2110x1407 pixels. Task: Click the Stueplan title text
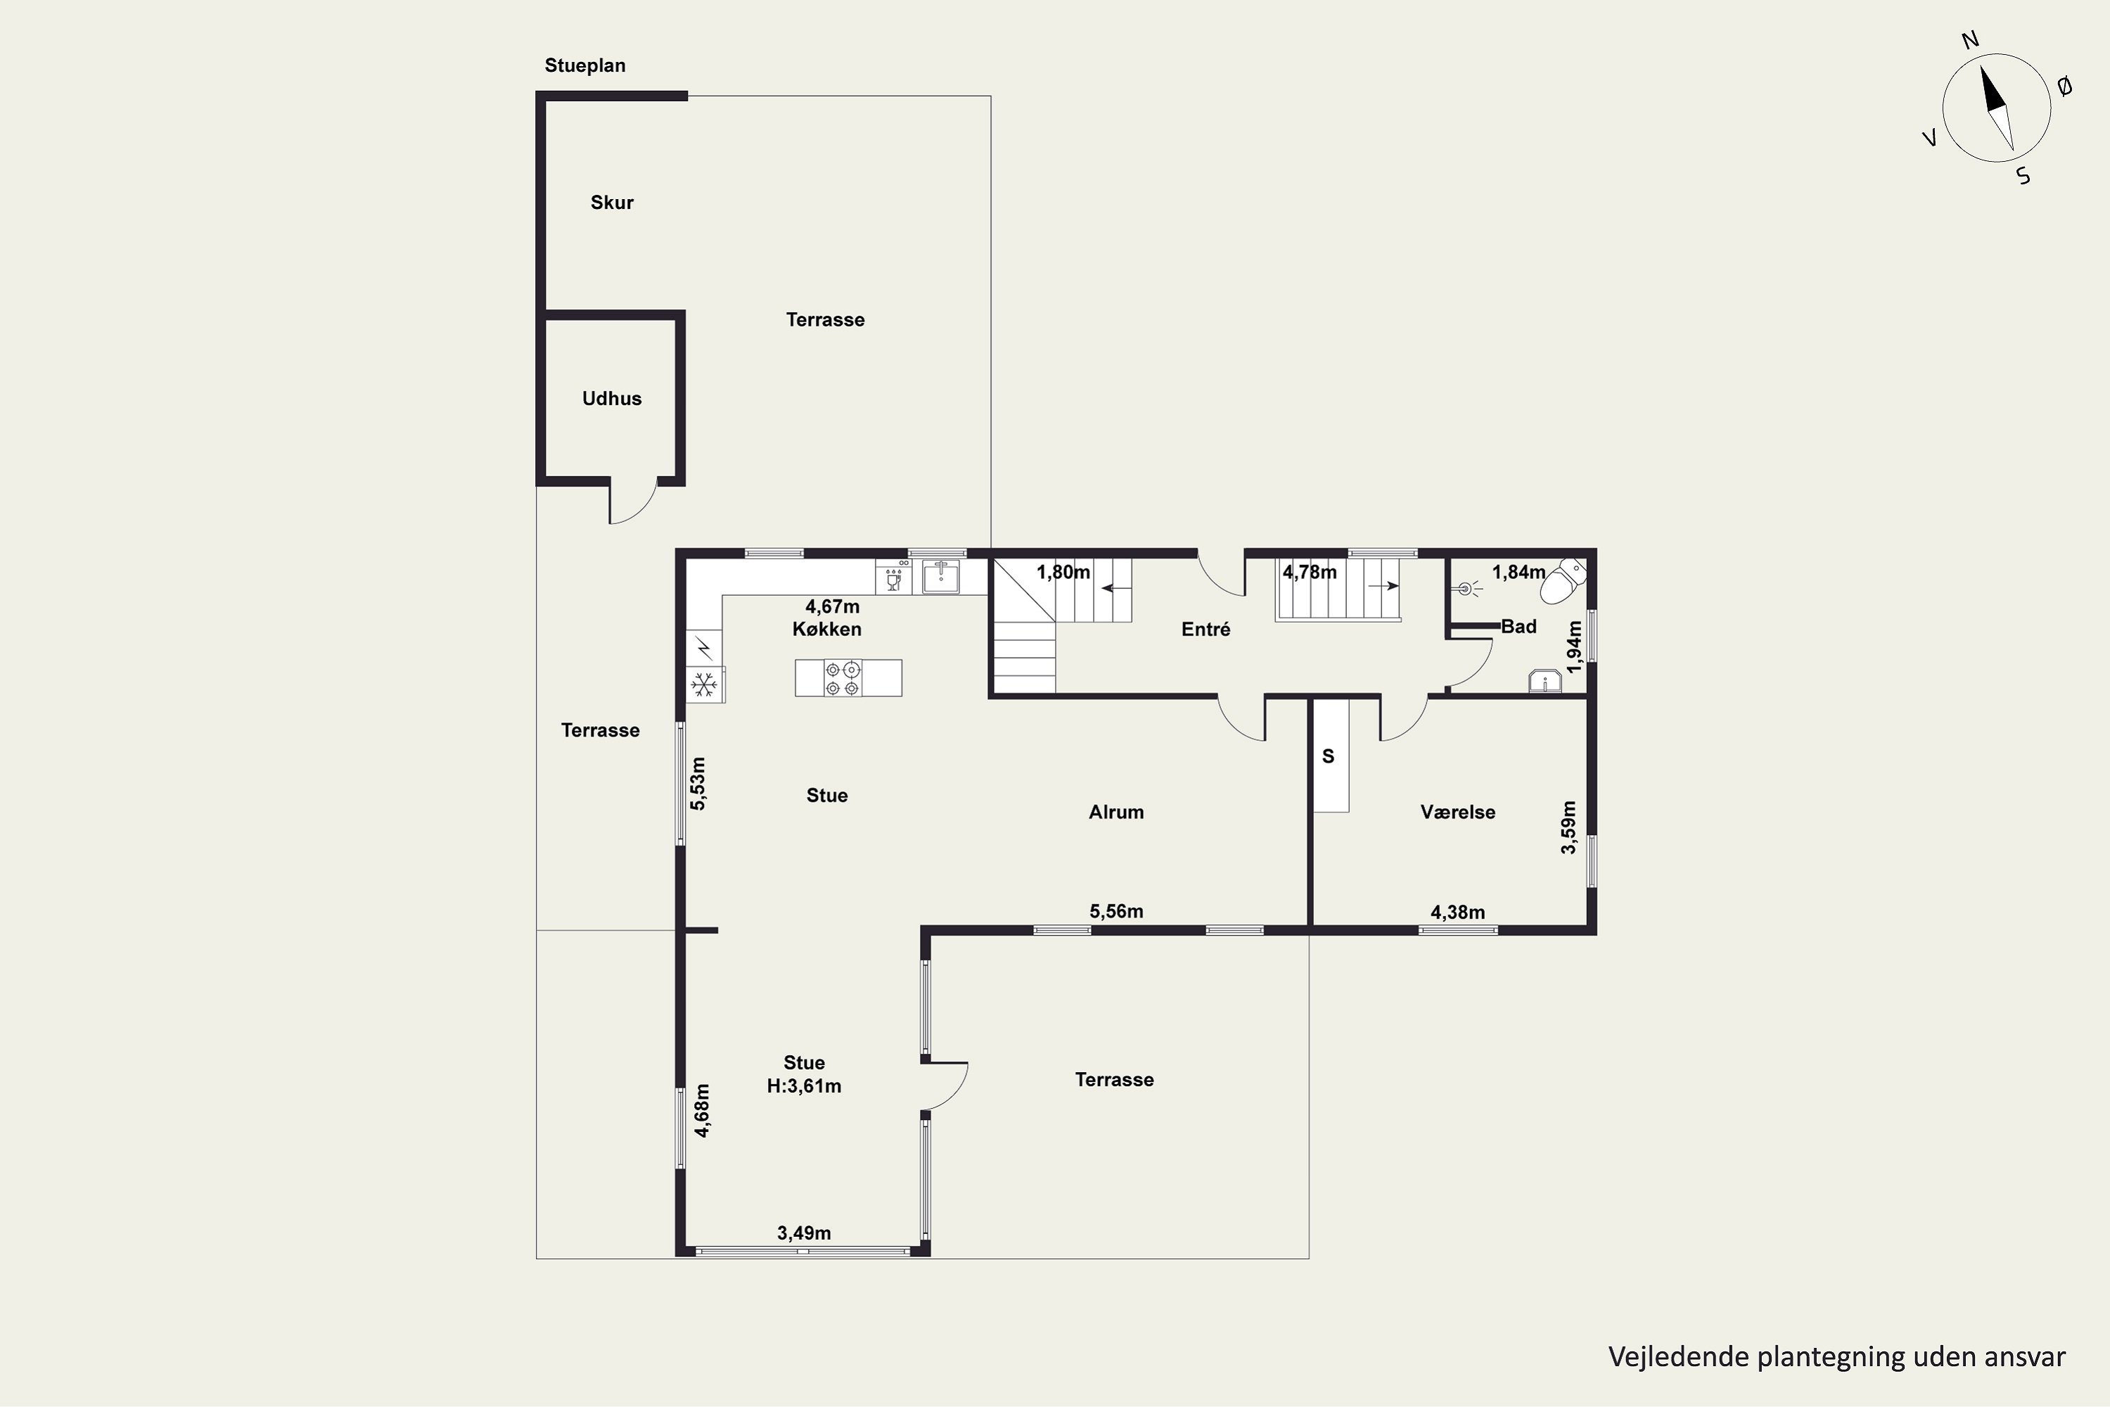point(585,65)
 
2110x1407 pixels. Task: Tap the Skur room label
point(612,203)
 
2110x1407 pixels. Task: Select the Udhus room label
point(612,398)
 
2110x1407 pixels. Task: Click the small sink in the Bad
point(1545,682)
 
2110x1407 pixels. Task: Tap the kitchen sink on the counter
point(941,576)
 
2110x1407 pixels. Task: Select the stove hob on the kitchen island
point(843,678)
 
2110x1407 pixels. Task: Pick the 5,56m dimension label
point(1116,912)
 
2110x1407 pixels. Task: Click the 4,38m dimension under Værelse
point(1458,912)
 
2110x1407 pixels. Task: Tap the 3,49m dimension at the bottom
point(804,1233)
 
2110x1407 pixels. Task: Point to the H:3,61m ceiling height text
point(804,1087)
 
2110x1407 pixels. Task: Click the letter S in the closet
point(1329,756)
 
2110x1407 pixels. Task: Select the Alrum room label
point(1116,812)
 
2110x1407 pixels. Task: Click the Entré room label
point(1206,629)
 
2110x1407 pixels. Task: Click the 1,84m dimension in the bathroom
point(1518,571)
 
